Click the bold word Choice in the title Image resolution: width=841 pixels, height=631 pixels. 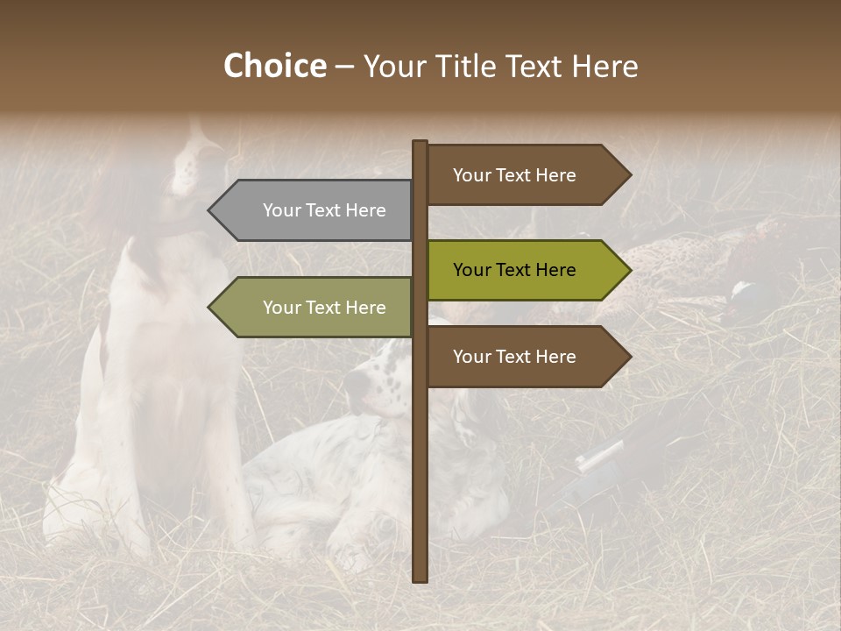[274, 67]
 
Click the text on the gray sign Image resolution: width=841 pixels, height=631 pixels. [324, 210]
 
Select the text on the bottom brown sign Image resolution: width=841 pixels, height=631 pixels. [514, 357]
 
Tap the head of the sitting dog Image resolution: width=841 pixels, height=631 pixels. [193, 167]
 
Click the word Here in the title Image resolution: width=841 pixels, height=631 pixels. [604, 67]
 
